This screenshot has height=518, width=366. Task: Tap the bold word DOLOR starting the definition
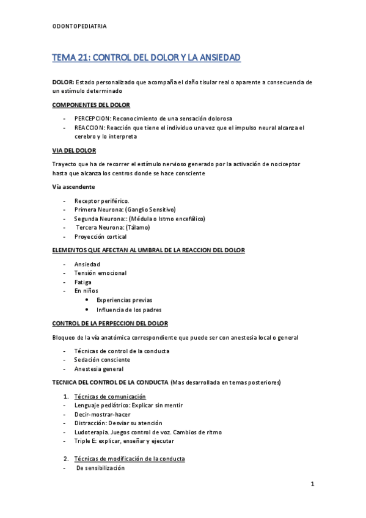[63, 82]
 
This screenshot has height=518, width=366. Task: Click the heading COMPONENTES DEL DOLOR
[91, 104]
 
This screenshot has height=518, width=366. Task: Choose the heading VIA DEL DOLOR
[74, 150]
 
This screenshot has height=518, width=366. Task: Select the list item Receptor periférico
[101, 200]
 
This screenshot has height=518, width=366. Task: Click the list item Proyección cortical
[100, 236]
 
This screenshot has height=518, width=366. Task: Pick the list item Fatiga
[83, 282]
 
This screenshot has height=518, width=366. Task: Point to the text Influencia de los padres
[128, 309]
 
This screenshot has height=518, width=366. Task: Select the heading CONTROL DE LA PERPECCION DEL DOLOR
[110, 323]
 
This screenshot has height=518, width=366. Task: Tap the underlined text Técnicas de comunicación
[109, 396]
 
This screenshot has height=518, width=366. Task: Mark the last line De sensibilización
[100, 468]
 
